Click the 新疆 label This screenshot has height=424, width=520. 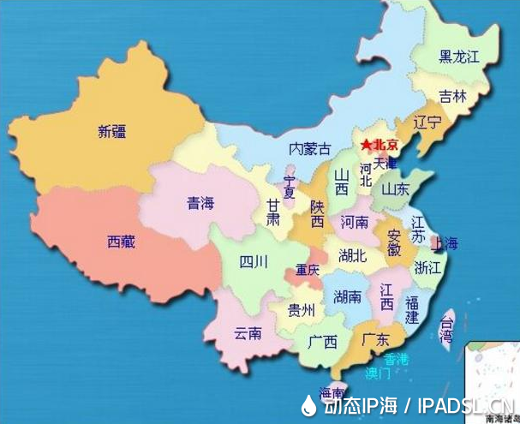[115, 132]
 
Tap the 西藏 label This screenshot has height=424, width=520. [121, 242]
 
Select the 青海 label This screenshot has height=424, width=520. [201, 204]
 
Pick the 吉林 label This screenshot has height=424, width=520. [453, 97]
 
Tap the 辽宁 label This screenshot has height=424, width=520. [427, 122]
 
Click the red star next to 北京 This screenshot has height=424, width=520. [366, 145]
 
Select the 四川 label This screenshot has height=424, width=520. [253, 261]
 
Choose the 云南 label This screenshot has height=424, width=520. [248, 333]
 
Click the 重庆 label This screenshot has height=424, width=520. [308, 271]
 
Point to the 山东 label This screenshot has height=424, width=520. [395, 188]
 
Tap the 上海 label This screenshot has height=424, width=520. [444, 242]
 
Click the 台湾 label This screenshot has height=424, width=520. [446, 330]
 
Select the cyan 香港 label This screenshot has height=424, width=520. [396, 358]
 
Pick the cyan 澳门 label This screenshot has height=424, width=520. [377, 373]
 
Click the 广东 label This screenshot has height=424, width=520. [377, 338]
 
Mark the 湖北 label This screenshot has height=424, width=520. [352, 255]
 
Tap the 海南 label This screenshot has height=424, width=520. [332, 393]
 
